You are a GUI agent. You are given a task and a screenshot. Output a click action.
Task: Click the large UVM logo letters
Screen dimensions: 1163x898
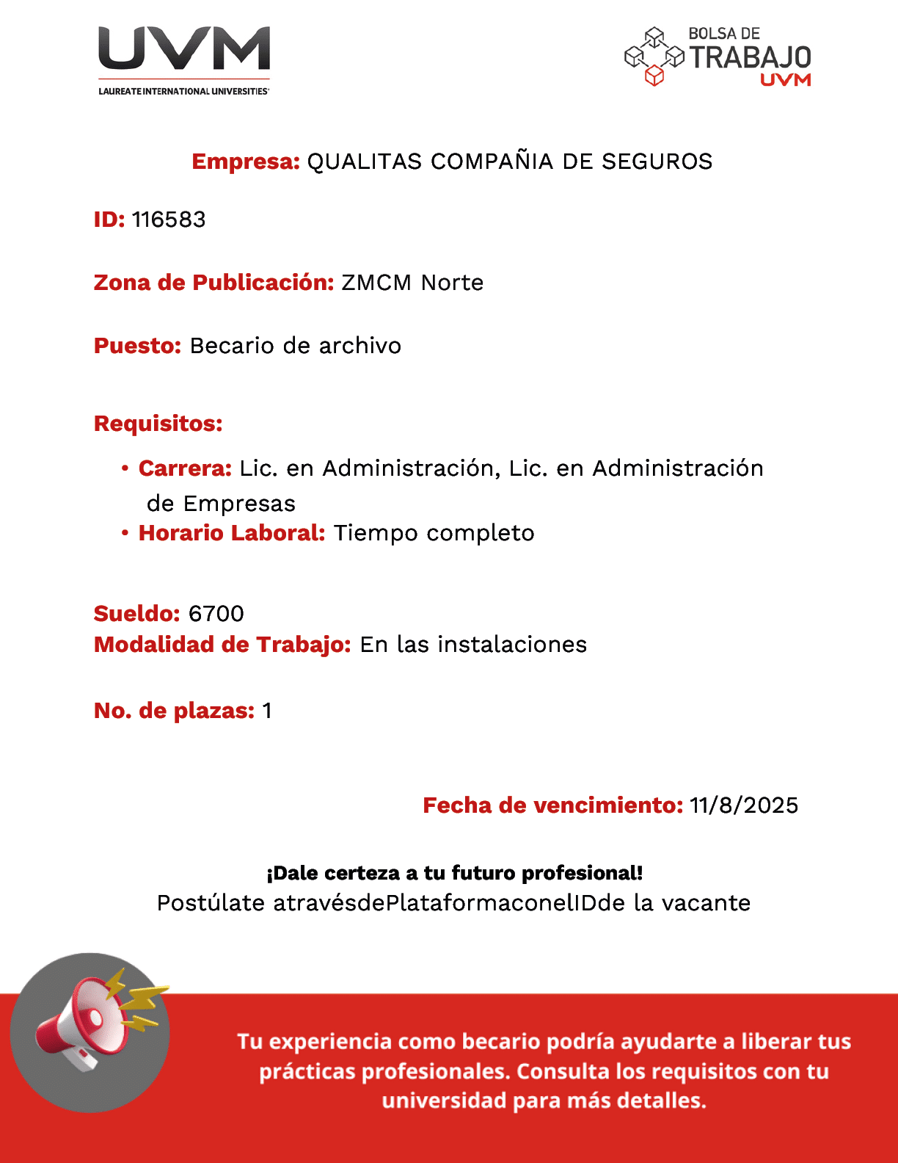point(184,49)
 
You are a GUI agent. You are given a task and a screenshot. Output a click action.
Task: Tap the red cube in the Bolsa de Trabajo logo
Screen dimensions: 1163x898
point(654,76)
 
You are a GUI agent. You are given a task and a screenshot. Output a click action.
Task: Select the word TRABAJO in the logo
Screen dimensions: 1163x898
point(750,57)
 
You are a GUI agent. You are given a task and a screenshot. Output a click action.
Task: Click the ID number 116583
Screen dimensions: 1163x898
point(169,220)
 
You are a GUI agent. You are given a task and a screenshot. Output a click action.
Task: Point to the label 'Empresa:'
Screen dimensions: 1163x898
point(246,162)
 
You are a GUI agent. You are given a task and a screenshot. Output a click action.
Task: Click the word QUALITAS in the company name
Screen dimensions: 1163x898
point(365,162)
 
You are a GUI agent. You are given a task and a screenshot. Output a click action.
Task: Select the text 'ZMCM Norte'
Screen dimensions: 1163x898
point(412,283)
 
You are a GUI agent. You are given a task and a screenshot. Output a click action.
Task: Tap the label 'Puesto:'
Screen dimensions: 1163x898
point(137,346)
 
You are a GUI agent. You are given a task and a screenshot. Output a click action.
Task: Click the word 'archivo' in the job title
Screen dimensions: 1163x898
point(359,346)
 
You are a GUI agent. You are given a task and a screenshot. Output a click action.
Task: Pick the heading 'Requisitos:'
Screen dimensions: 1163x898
point(158,424)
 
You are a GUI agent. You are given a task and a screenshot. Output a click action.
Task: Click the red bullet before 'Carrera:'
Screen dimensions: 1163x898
point(125,468)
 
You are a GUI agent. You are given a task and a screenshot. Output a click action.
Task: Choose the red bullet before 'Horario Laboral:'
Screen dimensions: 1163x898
point(125,532)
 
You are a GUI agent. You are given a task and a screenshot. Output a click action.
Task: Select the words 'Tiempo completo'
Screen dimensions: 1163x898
point(434,533)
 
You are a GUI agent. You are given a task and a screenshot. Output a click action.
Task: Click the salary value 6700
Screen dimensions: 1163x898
point(216,614)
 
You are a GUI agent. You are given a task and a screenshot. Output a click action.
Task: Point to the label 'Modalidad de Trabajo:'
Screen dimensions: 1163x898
point(222,645)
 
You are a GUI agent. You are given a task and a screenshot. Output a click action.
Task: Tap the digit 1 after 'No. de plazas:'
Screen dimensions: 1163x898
point(267,711)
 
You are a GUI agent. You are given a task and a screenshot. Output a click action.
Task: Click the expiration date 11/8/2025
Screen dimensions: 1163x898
point(743,805)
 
